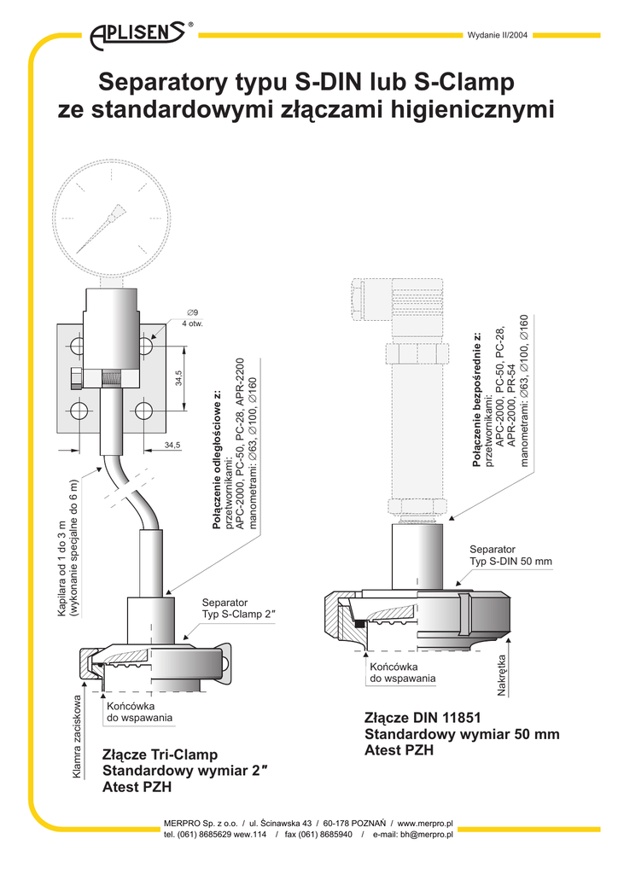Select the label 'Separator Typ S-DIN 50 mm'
pos(511,555)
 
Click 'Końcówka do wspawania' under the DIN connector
pos(402,672)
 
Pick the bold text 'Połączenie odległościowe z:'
pos(217,463)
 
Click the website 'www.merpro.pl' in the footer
pos(424,823)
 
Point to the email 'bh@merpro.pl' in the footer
pos(426,834)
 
